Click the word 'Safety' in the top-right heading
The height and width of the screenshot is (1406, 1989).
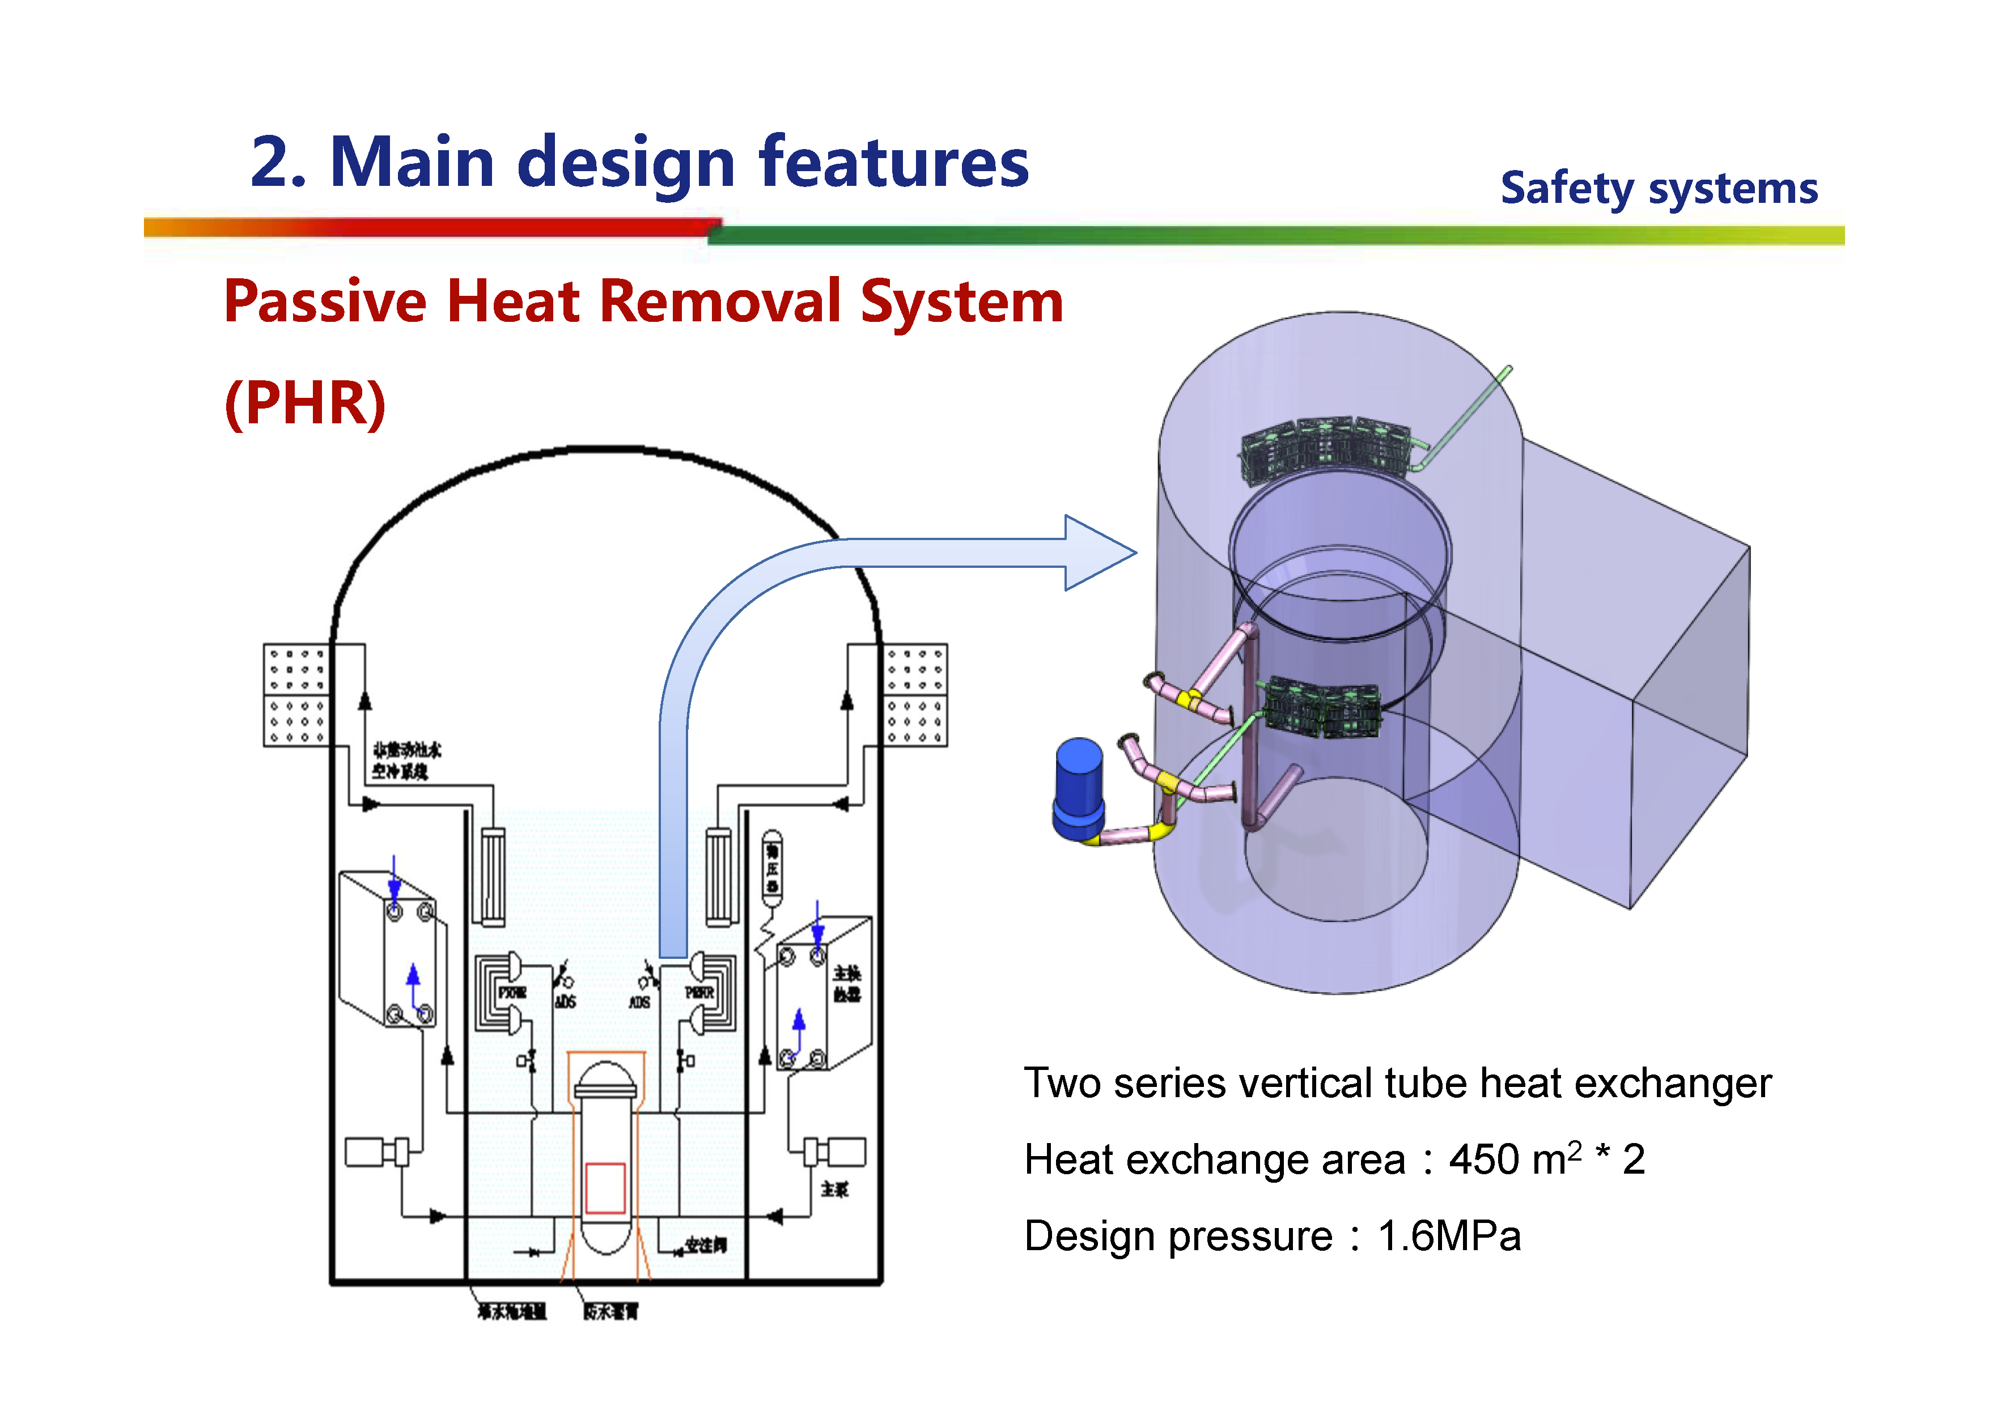(1566, 189)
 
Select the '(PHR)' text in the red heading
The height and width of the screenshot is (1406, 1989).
(305, 403)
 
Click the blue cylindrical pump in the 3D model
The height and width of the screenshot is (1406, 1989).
(1079, 788)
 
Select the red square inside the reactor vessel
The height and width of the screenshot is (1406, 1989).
(605, 1188)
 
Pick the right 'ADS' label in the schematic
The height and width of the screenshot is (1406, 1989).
(639, 1003)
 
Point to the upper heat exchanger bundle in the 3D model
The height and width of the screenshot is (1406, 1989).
(1325, 448)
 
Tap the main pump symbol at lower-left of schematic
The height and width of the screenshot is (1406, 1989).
(377, 1152)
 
